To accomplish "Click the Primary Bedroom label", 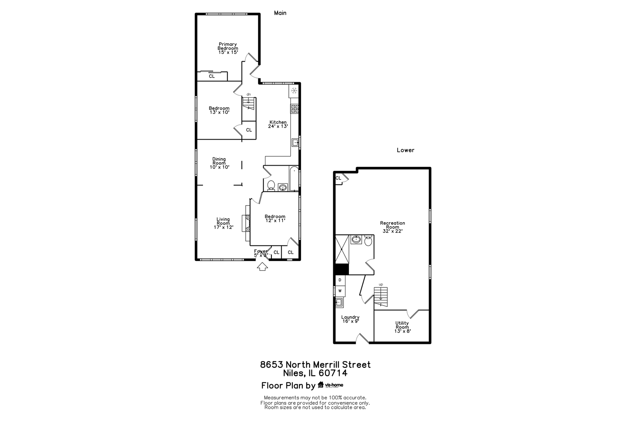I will pos(228,48).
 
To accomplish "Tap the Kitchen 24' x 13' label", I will pos(278,124).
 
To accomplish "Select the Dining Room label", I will pos(219,163).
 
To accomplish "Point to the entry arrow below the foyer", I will pos(262,267).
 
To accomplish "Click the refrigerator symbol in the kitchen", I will pos(294,91).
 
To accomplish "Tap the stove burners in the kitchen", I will pos(295,109).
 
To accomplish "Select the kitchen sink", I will pos(295,142).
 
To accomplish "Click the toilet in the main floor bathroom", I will pos(271,185).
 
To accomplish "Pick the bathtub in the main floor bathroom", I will pos(294,179).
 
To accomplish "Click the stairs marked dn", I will pos(249,104).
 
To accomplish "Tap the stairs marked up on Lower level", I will pos(381,297).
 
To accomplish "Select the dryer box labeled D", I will pos(340,280).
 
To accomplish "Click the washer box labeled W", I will pos(340,291).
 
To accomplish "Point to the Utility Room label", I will pos(402,327).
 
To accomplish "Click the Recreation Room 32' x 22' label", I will pos(393,227).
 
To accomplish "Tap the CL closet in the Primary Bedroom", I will pos(212,76).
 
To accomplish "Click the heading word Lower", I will pos(406,150).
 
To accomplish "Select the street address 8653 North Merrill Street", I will pos(315,365).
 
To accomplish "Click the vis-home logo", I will pos(331,385).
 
